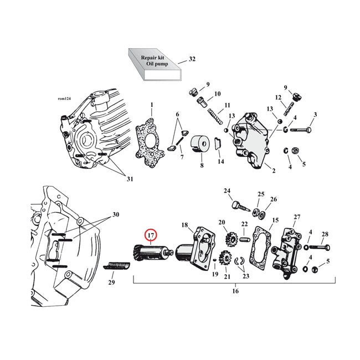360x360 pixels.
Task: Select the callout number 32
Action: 192,59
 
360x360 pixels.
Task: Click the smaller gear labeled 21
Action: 226,258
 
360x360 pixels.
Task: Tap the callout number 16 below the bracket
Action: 235,290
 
